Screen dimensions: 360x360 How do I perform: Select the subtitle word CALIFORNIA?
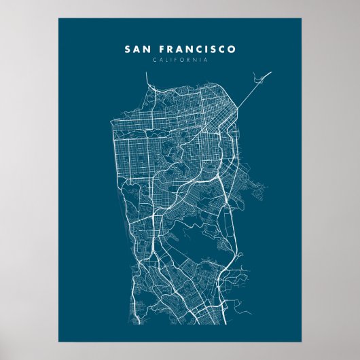[180, 60]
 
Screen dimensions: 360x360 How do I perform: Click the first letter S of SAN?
[127, 50]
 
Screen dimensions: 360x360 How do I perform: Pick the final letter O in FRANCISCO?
[233, 50]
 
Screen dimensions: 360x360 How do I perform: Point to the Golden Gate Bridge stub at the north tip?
[149, 79]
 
